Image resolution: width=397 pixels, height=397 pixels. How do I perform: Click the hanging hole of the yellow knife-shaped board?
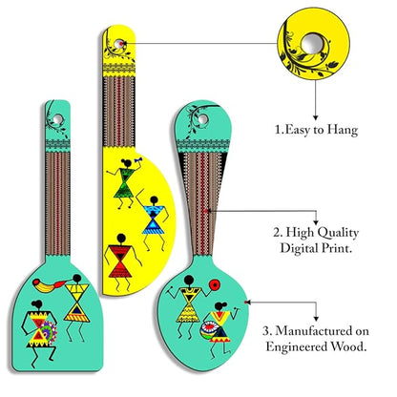click(118, 44)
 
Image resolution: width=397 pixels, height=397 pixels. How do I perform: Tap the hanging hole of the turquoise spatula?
click(58, 119)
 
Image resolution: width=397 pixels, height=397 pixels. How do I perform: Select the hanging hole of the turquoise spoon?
click(202, 119)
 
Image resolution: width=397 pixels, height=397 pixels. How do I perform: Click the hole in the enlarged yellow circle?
click(313, 44)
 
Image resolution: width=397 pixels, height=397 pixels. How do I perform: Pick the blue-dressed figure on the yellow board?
click(154, 220)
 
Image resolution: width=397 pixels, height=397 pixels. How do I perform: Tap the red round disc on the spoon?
click(215, 284)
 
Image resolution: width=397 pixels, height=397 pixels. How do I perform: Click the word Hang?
click(343, 131)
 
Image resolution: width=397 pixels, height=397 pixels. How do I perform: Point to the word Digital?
click(299, 248)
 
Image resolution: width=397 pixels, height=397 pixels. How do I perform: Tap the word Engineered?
click(296, 346)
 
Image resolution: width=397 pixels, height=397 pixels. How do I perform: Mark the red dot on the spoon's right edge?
click(245, 302)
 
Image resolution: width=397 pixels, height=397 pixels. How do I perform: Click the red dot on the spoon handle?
click(206, 211)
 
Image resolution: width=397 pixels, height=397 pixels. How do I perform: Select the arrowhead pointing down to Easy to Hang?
click(316, 117)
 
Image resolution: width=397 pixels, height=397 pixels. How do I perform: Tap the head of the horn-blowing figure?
click(77, 279)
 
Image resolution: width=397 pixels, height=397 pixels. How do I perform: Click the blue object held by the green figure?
click(138, 159)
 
